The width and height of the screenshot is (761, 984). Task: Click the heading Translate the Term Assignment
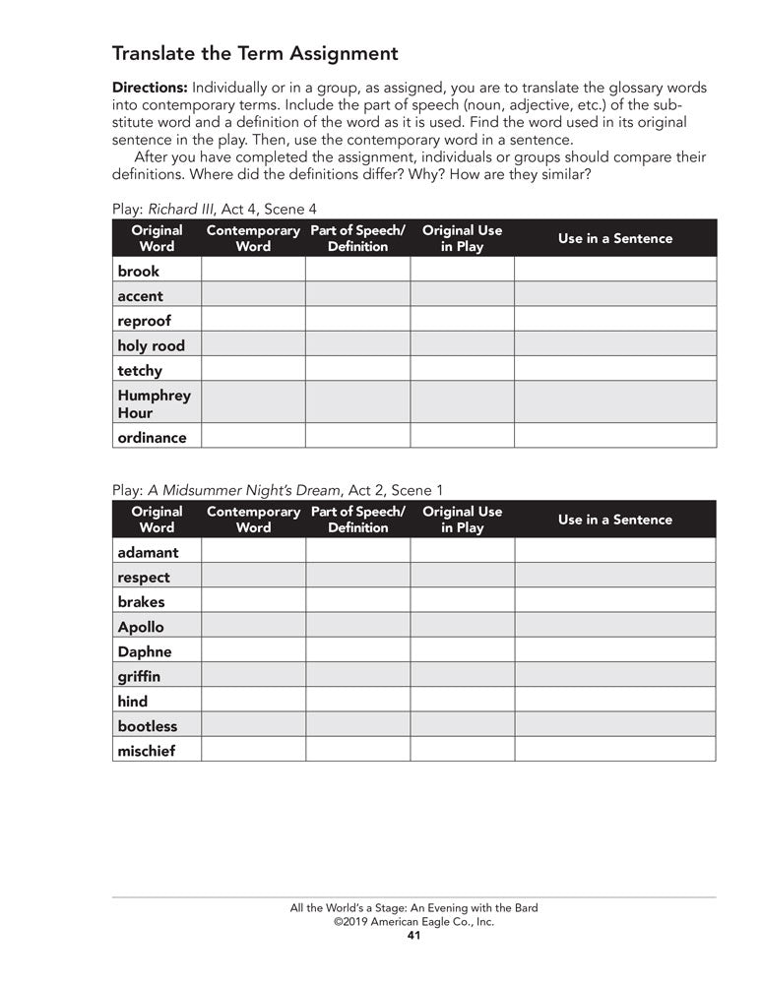(x=255, y=53)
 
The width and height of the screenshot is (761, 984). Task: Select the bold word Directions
(x=150, y=88)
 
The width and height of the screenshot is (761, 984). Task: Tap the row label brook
(x=138, y=271)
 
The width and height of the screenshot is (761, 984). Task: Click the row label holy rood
(x=151, y=345)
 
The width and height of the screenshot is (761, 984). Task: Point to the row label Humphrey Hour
(x=154, y=403)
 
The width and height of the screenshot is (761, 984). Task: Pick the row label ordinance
(x=152, y=437)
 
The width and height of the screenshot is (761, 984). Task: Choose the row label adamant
(x=148, y=552)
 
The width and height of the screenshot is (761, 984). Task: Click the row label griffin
(x=139, y=676)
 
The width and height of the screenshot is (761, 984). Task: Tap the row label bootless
(x=148, y=726)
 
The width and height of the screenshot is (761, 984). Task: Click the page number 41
(x=413, y=936)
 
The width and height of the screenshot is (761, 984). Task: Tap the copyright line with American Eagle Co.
(x=413, y=922)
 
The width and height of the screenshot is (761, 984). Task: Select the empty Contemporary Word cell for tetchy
(x=253, y=370)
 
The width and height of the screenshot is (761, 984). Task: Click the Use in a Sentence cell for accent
(x=614, y=295)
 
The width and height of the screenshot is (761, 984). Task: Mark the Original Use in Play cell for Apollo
(x=462, y=626)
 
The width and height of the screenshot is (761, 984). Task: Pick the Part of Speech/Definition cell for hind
(x=357, y=701)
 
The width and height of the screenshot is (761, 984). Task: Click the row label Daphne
(x=145, y=651)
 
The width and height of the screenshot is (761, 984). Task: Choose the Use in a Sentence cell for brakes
(x=614, y=601)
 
